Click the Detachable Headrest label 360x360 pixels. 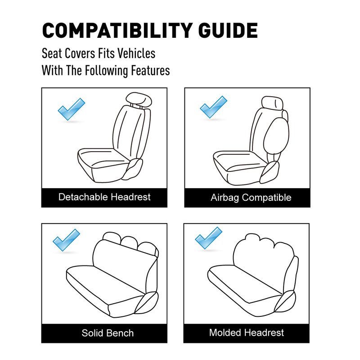[x=104, y=197]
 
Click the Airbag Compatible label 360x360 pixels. [x=251, y=198]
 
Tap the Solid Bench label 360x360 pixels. [x=108, y=333]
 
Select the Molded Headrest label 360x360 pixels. [x=247, y=333]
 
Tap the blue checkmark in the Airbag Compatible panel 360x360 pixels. [x=213, y=107]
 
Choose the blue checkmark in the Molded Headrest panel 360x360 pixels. [x=208, y=238]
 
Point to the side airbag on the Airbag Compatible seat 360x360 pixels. [x=275, y=133]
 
